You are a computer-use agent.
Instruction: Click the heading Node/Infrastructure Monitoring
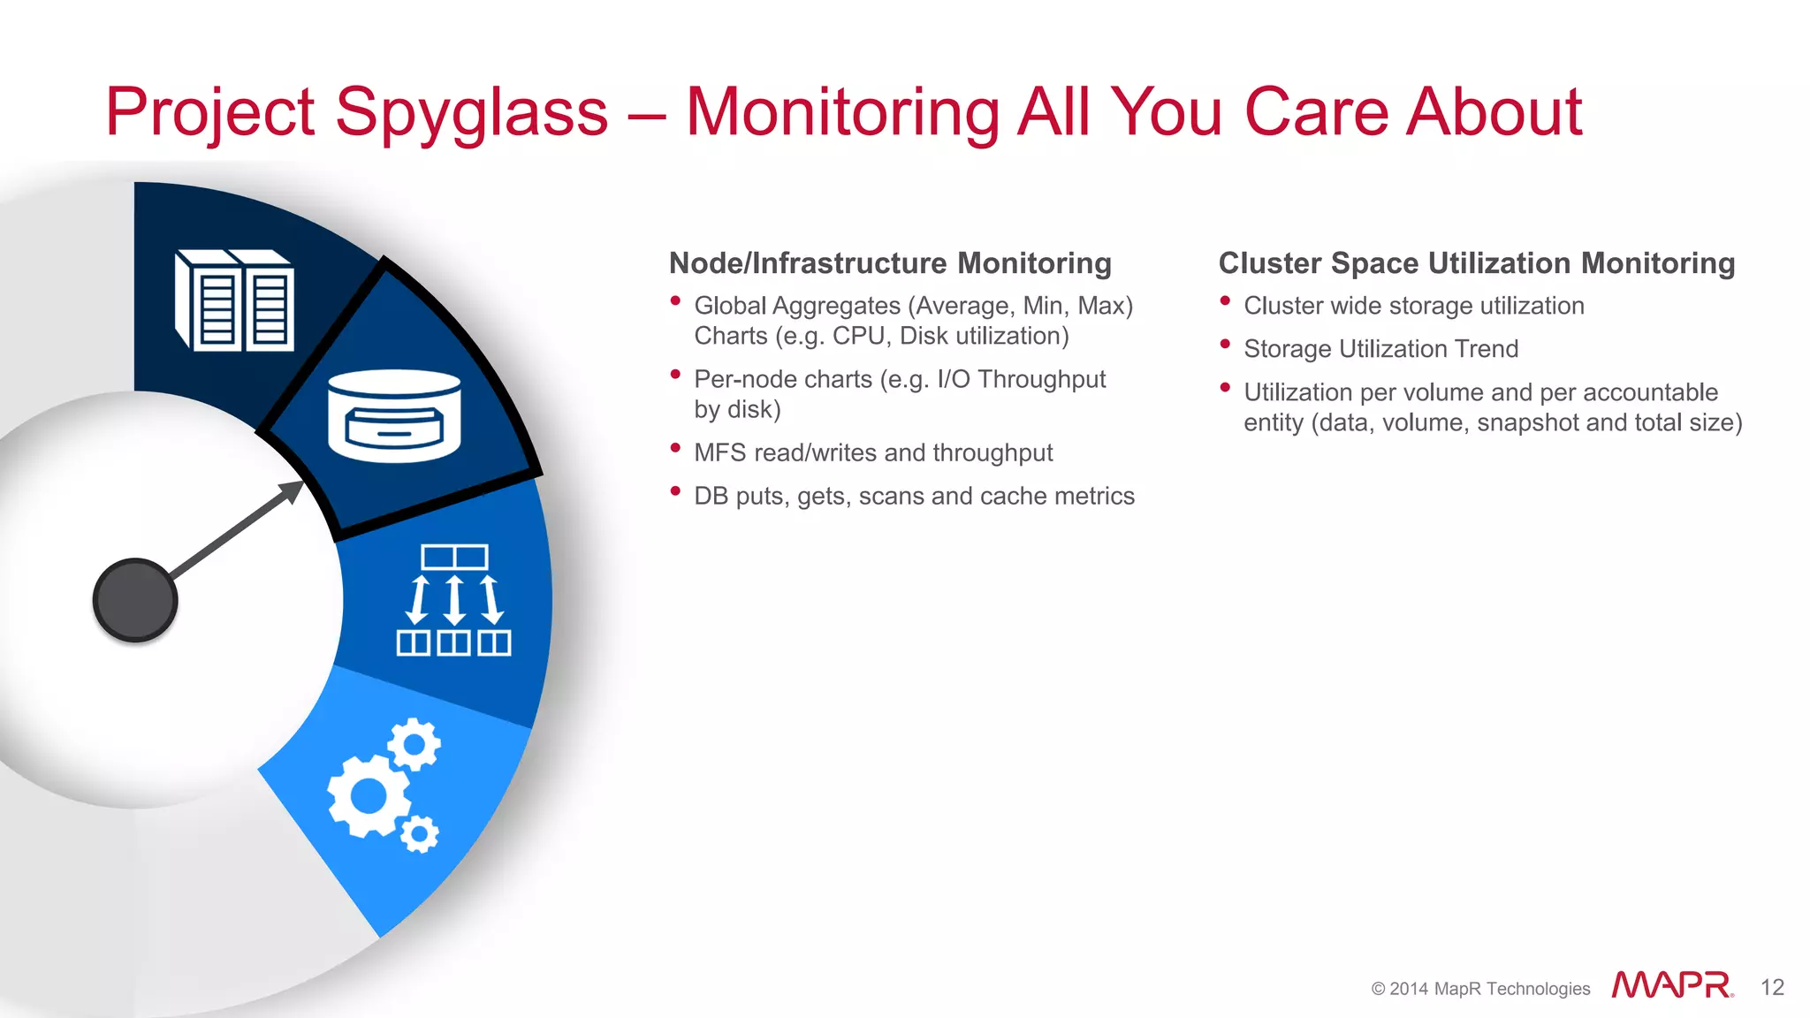[x=890, y=263]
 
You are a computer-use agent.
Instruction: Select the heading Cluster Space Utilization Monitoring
[x=1476, y=263]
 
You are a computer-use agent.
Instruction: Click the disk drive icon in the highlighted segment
[x=394, y=415]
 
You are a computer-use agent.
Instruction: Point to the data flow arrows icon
[x=454, y=600]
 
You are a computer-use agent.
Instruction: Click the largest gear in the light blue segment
[x=369, y=796]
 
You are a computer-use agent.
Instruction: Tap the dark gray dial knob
[x=135, y=600]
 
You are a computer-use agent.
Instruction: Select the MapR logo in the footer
[x=1671, y=985]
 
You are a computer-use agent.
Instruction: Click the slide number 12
[x=1772, y=987]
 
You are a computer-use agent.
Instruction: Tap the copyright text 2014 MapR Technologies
[x=1480, y=989]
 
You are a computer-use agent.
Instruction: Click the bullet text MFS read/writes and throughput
[x=873, y=452]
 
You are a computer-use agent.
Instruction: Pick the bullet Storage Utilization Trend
[x=1380, y=349]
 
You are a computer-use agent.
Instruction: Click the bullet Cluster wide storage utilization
[x=1413, y=306]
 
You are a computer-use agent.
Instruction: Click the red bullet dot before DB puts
[x=675, y=490]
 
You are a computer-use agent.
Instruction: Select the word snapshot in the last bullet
[x=1527, y=423]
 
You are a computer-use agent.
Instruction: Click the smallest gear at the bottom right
[x=419, y=833]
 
